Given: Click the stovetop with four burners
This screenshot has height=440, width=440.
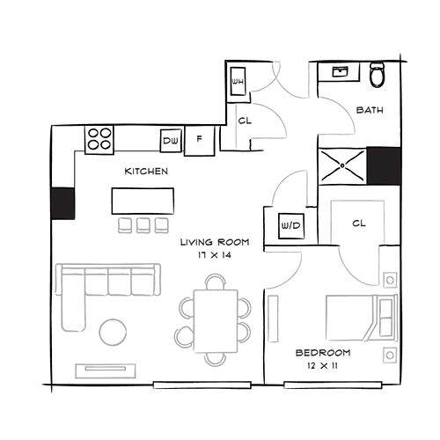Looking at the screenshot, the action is pos(99,140).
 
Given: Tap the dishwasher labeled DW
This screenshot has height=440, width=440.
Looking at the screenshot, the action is pos(171,141).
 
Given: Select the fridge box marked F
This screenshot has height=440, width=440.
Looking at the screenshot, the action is pos(200,140).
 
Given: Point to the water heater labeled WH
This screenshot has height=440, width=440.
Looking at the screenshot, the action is pos(238,81).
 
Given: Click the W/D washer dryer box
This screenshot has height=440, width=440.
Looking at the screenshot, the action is pos(291,226).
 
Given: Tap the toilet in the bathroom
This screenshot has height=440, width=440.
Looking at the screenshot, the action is pos(378,74).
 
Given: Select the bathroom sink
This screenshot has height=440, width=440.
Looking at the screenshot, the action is pos(340,71).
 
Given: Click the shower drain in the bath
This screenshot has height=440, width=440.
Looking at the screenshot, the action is pos(342,165).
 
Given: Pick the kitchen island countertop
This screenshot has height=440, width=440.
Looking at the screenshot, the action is pos(143,201).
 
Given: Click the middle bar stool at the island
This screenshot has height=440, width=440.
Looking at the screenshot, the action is pos(143,225).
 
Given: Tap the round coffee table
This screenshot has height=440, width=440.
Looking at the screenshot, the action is pos(114,332).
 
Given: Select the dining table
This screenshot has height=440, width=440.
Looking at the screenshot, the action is pos(216,321).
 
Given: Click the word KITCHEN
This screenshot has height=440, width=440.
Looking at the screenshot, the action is pos(146,172).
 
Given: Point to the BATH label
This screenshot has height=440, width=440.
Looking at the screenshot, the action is pos(370,110).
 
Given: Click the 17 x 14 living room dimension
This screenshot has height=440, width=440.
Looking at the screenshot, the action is pos(215,255).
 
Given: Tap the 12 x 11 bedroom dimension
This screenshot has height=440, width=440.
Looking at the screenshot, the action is pos(322,366).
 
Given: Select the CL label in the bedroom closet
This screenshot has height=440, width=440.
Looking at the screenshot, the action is pos(359,224).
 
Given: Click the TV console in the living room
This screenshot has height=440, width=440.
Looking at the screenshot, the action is pos(106,371).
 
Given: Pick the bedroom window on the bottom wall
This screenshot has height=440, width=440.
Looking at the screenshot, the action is pos(333,385).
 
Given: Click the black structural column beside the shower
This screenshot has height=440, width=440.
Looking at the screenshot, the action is pos(384,166).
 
